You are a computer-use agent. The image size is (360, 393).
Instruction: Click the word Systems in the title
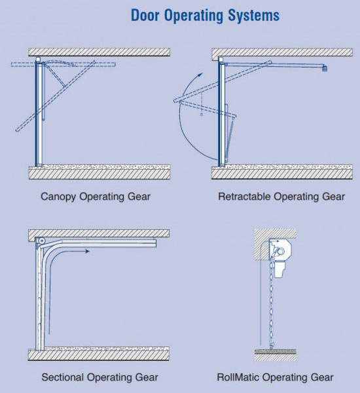(253, 16)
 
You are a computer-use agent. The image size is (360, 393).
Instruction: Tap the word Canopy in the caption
(58, 197)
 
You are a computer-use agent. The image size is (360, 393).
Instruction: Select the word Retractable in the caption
(244, 196)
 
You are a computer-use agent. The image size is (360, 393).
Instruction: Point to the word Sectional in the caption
(62, 377)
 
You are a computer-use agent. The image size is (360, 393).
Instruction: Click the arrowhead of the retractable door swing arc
(200, 75)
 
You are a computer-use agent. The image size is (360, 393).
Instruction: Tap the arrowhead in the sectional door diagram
(87, 251)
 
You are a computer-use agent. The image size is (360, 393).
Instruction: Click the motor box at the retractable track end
(325, 68)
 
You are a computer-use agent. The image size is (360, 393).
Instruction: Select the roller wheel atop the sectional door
(41, 241)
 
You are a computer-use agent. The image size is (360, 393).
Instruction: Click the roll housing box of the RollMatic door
(280, 250)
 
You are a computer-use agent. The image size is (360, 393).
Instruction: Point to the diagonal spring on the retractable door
(230, 138)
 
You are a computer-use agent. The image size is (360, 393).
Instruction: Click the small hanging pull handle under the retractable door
(202, 115)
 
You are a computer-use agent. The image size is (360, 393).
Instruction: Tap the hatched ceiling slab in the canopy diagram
(99, 52)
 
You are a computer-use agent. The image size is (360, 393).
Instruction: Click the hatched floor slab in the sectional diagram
(99, 355)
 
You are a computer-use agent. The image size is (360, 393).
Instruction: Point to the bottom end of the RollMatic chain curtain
(272, 346)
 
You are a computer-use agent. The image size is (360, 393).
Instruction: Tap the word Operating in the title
(193, 16)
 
